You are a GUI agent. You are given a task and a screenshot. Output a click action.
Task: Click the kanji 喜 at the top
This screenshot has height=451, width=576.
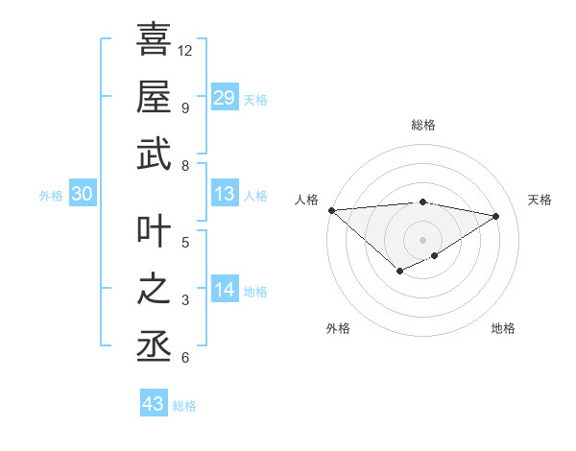[x=154, y=40]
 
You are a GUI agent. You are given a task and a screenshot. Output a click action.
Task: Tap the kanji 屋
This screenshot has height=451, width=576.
[x=154, y=96]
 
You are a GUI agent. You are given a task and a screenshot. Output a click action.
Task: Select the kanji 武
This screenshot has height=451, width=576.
[x=154, y=154]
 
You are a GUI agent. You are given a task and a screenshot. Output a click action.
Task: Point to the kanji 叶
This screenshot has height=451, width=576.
[x=154, y=232]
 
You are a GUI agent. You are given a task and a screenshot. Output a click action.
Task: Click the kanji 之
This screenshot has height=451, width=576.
[x=154, y=290]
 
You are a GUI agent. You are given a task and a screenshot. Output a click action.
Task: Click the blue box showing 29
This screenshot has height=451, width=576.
[x=224, y=98]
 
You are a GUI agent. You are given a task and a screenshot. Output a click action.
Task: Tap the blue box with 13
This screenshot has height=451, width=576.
[x=224, y=195]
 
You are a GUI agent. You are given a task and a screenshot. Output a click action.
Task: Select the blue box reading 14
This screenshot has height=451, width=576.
[x=224, y=291]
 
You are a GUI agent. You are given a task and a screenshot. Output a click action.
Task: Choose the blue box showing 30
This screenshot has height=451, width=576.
[x=83, y=195]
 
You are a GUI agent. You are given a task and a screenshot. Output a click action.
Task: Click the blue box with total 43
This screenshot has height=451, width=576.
[x=154, y=404]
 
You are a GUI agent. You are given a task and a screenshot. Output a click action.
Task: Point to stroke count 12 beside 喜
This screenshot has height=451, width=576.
[x=185, y=50]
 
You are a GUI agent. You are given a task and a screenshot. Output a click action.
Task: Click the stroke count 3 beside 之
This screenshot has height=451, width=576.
[x=184, y=300]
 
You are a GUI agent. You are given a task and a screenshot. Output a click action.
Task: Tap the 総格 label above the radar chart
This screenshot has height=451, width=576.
[x=422, y=125]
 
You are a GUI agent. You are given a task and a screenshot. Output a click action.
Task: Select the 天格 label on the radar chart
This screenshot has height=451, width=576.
[x=540, y=200]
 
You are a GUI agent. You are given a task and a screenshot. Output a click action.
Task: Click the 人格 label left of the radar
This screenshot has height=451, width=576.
[x=306, y=200]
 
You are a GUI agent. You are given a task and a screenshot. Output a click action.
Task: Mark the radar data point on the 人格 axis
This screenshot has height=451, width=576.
[x=331, y=210]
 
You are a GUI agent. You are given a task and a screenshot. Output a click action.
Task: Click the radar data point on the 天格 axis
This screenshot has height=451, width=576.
[x=496, y=216]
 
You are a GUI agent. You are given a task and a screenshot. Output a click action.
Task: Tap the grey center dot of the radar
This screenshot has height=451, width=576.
[x=422, y=239]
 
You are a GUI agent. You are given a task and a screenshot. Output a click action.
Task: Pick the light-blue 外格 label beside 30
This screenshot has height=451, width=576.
[x=51, y=196]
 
